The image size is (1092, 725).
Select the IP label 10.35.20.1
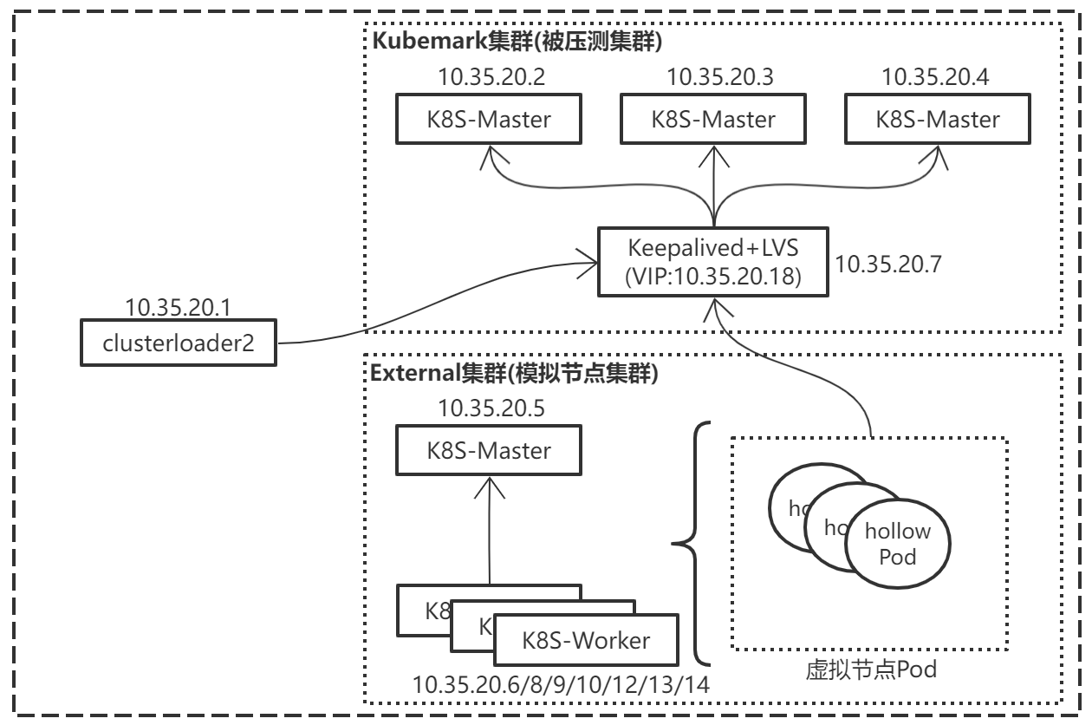pyautogui.click(x=176, y=306)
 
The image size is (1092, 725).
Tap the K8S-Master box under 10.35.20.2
pyautogui.click(x=489, y=119)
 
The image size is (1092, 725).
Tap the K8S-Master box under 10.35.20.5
pyautogui.click(x=489, y=450)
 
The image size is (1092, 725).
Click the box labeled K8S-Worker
pyautogui.click(x=586, y=641)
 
